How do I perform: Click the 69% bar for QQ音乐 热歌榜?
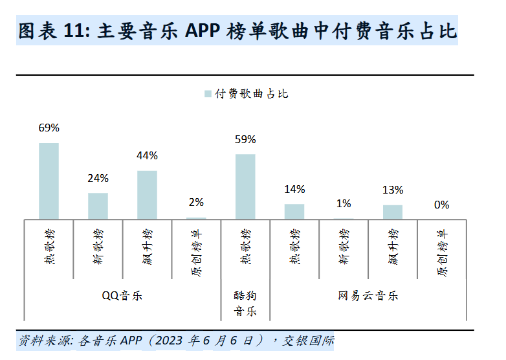49,181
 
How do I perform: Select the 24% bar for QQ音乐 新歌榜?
98,206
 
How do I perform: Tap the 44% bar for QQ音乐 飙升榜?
147,195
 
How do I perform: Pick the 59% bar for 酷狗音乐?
245,186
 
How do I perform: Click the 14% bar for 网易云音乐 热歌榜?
294,212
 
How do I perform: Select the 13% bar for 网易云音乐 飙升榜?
393,212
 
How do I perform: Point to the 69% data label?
49,128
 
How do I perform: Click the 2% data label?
196,202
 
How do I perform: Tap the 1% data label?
344,203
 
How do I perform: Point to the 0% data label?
442,205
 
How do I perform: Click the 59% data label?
245,139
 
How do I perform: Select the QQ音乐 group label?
122,296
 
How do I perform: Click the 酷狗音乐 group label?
245,303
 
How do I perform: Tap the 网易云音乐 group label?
368,296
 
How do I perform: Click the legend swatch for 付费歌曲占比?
208,94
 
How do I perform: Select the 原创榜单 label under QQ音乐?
196,249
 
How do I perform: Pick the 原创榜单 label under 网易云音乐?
442,249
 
